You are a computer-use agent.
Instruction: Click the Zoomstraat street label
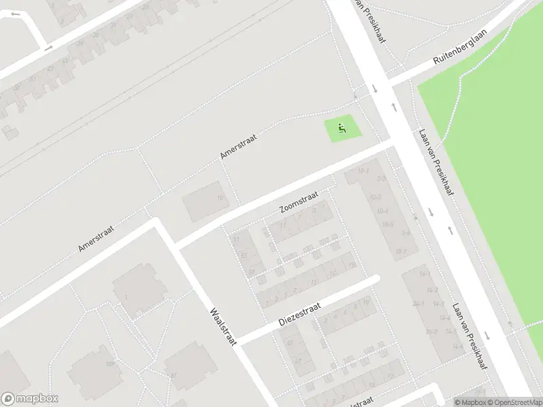[299, 202]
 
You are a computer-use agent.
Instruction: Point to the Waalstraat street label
[223, 327]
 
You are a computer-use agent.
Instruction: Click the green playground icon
[341, 126]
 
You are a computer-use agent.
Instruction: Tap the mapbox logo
[29, 399]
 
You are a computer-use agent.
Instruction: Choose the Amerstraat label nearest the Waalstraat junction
[96, 238]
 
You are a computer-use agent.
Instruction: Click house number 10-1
[364, 170]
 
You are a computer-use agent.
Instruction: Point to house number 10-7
[400, 252]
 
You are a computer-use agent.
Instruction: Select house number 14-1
[425, 273]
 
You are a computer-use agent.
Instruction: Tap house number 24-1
[418, 305]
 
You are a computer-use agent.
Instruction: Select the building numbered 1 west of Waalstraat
[126, 296]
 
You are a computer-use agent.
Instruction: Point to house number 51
[237, 240]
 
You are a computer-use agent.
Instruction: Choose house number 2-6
[406, 233]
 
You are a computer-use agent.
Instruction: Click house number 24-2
[432, 332]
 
